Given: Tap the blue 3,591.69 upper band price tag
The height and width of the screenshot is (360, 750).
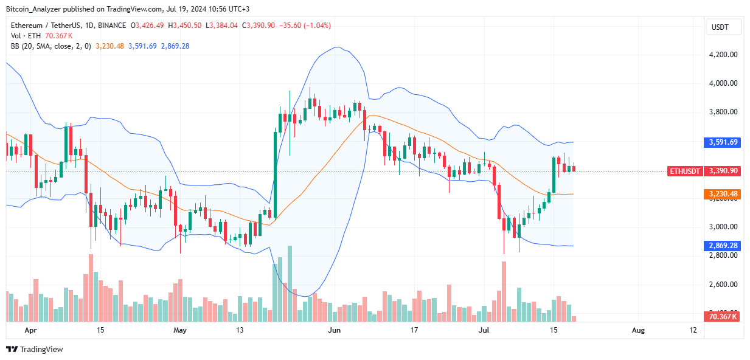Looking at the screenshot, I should (724, 142).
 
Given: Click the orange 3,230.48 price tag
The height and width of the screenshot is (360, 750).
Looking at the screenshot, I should (724, 194).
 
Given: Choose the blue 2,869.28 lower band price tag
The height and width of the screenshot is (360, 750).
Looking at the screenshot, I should (724, 246).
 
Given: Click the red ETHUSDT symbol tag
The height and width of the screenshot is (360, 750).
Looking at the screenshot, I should (684, 171).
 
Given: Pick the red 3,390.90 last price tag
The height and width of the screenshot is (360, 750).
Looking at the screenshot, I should (724, 171).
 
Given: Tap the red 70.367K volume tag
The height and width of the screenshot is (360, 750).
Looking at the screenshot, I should (724, 316).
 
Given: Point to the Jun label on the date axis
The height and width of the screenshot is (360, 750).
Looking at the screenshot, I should (333, 330).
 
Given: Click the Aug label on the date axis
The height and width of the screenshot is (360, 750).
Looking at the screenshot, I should (638, 330).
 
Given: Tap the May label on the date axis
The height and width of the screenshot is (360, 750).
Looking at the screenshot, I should (180, 330).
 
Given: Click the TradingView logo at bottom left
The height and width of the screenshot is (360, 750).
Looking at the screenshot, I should (35, 350).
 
